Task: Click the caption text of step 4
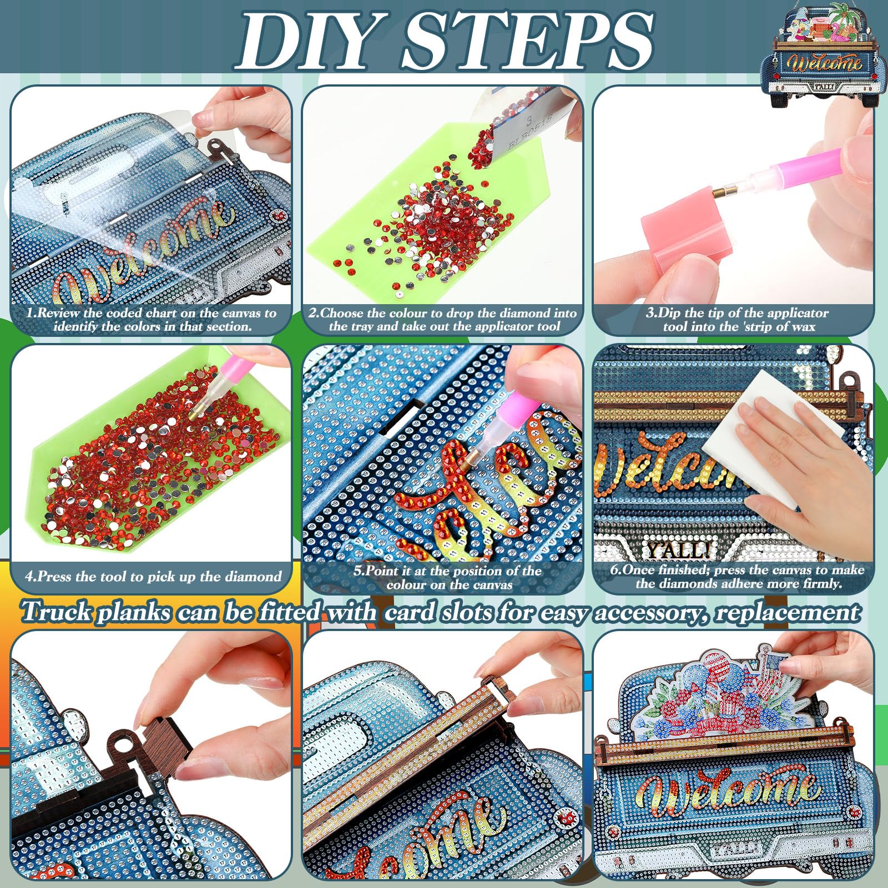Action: click(153, 577)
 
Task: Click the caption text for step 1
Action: click(152, 320)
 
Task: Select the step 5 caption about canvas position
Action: click(449, 578)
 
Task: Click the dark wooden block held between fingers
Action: click(161, 746)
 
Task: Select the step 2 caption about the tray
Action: click(443, 320)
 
